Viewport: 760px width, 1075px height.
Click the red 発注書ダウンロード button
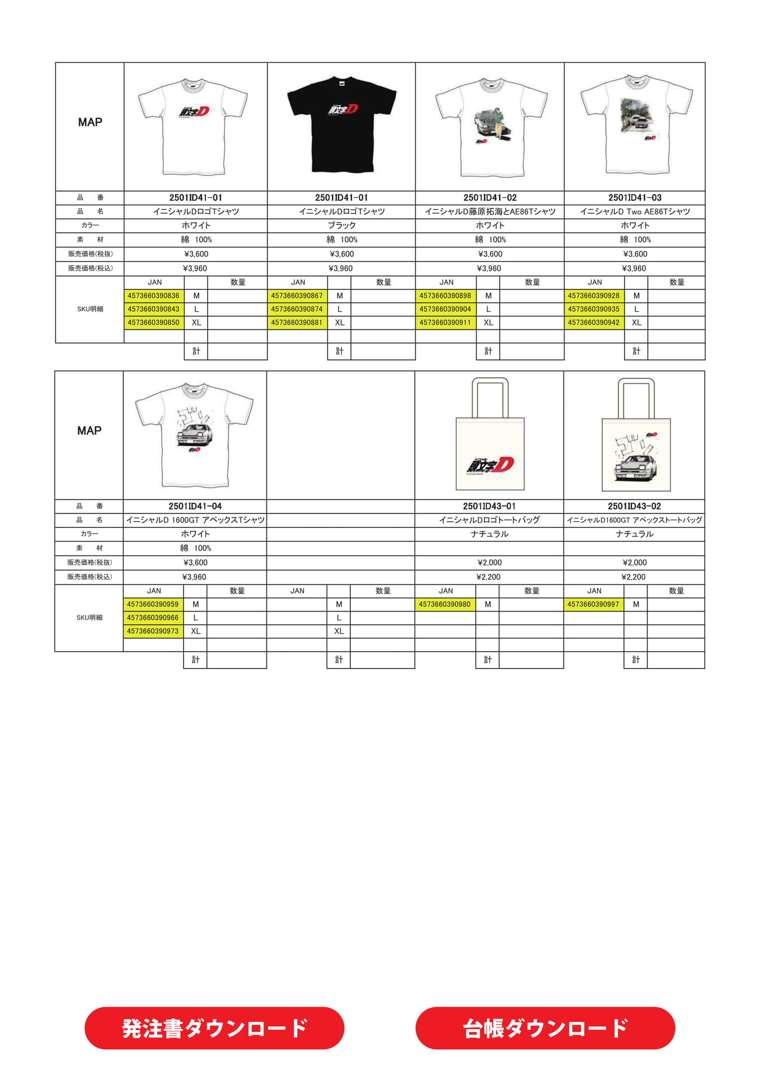click(214, 1028)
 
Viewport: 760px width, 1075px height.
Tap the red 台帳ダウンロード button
click(545, 1028)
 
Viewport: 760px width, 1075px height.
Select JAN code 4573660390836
click(154, 296)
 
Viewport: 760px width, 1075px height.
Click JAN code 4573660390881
click(297, 322)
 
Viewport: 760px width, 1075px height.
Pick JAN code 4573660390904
click(445, 309)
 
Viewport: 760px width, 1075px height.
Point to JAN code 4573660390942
click(594, 322)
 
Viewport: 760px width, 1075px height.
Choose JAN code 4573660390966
click(153, 618)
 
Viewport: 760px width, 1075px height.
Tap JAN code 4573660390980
click(445, 604)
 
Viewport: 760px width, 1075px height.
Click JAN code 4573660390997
click(593, 604)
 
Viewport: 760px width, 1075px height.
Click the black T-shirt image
click(341, 124)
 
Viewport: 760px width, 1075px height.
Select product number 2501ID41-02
click(490, 198)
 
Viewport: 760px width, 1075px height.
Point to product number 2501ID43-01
click(489, 506)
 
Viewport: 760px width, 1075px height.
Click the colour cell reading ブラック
click(341, 225)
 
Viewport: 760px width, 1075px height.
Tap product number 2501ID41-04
click(195, 506)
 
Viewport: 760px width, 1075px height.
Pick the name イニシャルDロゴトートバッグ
click(489, 520)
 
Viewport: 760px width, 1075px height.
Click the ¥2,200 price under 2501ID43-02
click(634, 577)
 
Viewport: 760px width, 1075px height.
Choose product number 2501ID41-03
click(635, 198)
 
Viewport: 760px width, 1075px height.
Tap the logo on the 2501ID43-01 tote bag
click(490, 465)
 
